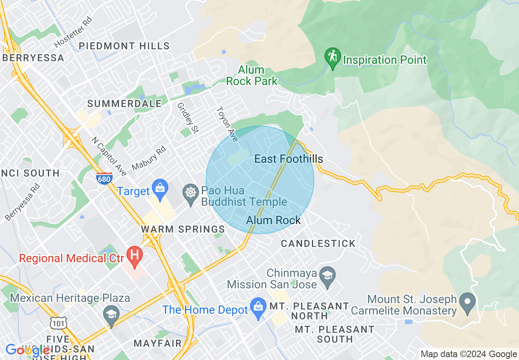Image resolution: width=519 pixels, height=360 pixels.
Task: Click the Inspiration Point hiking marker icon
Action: (333, 57)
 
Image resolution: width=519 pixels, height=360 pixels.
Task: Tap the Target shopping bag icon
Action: (160, 188)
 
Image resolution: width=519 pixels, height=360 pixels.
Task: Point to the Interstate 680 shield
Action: (104, 179)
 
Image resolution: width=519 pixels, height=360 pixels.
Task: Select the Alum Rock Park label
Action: (251, 75)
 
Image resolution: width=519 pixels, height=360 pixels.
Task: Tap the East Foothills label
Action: (289, 159)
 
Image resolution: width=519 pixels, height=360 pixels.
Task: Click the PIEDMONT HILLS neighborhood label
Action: (124, 45)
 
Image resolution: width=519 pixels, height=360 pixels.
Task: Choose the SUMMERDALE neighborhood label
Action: (124, 104)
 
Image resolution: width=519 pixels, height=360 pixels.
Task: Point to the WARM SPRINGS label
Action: (183, 229)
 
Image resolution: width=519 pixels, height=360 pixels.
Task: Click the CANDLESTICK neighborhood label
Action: (318, 243)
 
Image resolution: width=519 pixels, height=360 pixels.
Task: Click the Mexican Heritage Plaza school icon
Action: (111, 314)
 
